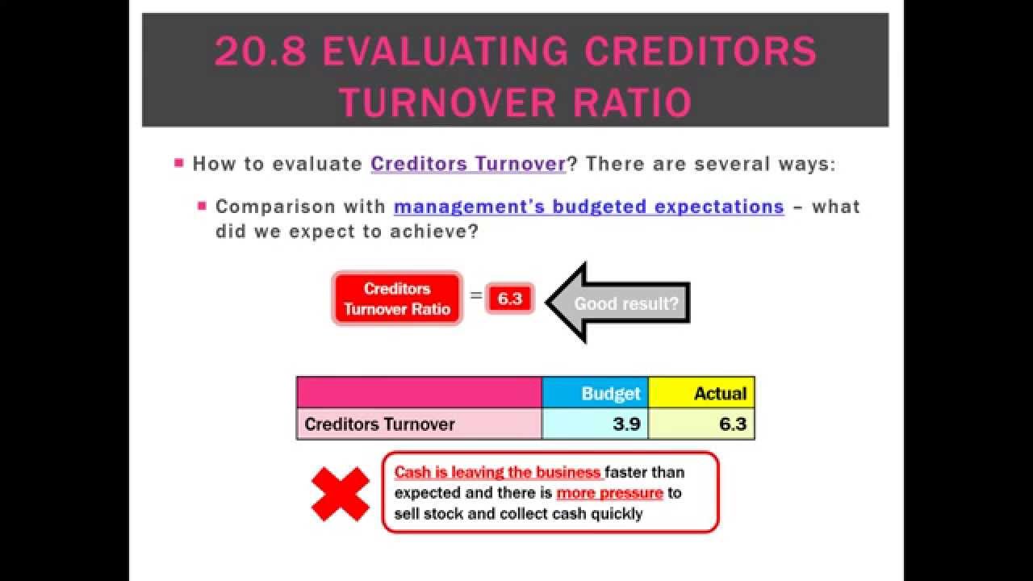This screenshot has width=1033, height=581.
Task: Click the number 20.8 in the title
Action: tap(261, 52)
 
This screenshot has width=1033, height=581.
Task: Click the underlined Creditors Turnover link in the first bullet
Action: tap(468, 164)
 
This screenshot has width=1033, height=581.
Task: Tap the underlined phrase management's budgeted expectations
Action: tap(588, 207)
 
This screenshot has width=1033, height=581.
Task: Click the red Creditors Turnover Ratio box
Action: tap(397, 299)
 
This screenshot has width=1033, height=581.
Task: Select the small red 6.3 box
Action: tap(510, 299)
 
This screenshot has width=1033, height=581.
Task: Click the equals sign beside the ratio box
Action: tap(476, 296)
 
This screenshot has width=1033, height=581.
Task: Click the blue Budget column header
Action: tap(595, 393)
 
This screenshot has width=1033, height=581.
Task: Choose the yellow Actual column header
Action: tap(701, 393)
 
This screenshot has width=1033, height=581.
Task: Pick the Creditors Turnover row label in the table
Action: tap(379, 424)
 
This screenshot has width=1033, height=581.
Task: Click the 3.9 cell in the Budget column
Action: tap(595, 424)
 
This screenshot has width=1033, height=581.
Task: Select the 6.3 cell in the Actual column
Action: tap(701, 424)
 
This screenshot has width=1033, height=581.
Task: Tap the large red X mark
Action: tap(340, 493)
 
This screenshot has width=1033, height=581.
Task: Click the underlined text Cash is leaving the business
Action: tap(498, 473)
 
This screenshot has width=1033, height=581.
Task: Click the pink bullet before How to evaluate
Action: tap(179, 164)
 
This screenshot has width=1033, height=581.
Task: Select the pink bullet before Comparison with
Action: tap(203, 207)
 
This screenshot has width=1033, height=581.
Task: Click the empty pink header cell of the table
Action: tap(419, 393)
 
